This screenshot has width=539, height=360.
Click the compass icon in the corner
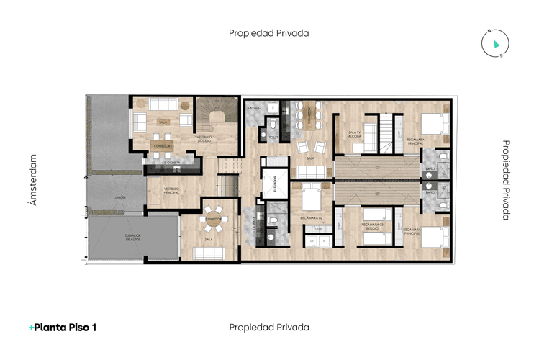point(494,43)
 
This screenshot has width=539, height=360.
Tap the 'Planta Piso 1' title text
point(65,328)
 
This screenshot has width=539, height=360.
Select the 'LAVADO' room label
point(253,108)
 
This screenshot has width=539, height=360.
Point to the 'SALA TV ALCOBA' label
point(353,134)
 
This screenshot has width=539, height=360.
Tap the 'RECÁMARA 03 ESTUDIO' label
point(371,228)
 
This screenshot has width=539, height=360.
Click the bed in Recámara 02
point(311,195)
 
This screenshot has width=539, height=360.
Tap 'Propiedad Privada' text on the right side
point(505,179)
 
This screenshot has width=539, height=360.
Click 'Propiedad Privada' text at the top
point(269,32)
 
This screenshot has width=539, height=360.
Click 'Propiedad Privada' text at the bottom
point(269,328)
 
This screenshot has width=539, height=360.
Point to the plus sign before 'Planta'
point(31,328)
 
